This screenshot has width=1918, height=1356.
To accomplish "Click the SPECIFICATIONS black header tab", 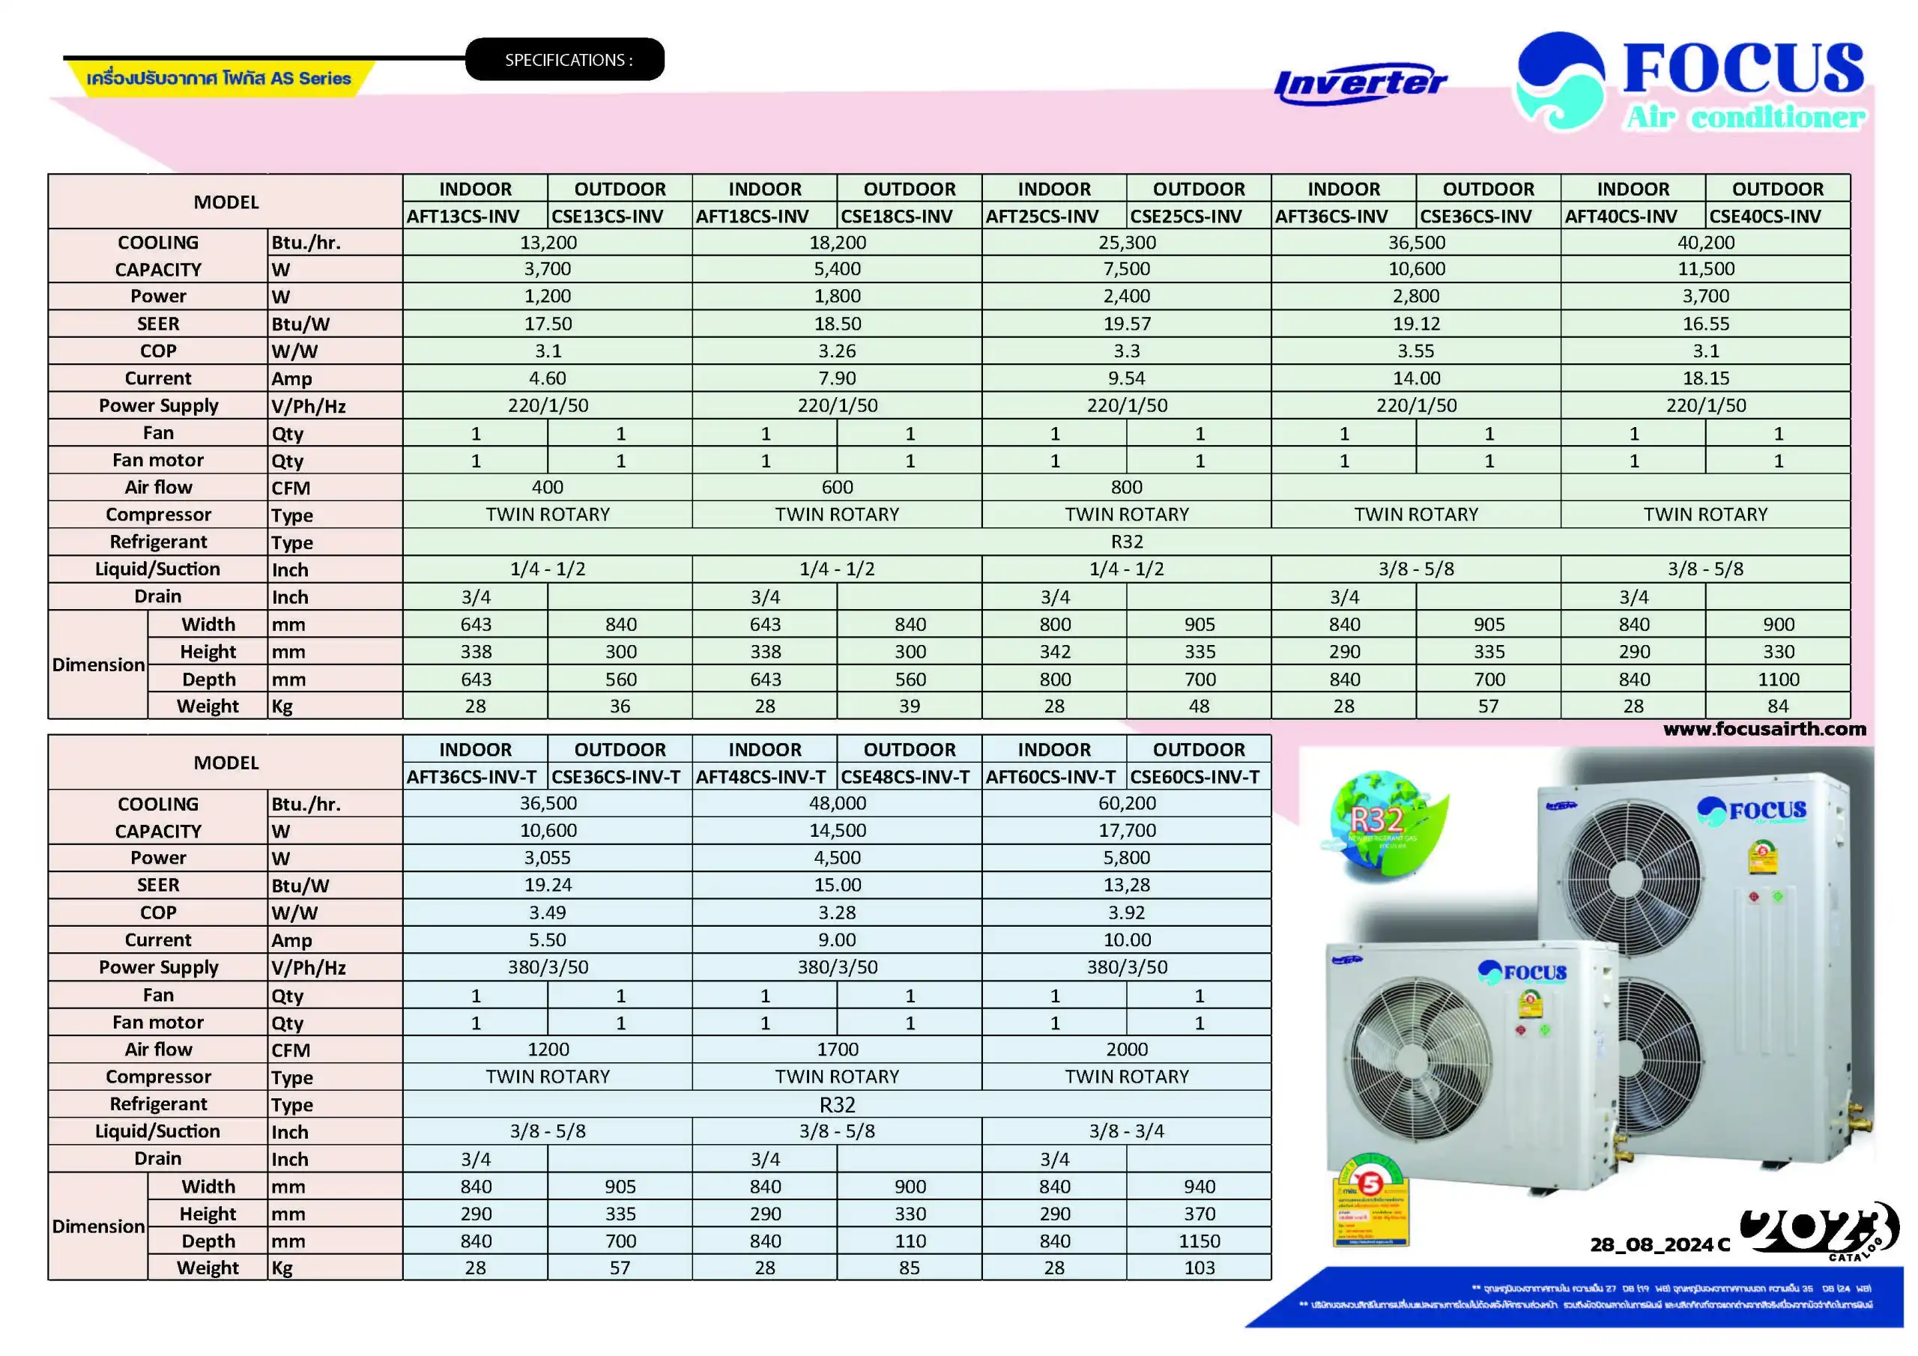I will pyautogui.click(x=565, y=59).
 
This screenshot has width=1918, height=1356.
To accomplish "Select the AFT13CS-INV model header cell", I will pyautogui.click(x=464, y=217).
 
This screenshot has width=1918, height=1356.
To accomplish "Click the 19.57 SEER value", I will pyautogui.click(x=1126, y=324).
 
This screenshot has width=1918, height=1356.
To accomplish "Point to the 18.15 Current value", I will pyautogui.click(x=1705, y=378).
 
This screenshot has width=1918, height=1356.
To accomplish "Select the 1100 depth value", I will pyautogui.click(x=1778, y=679).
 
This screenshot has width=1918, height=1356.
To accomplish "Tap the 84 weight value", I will pyautogui.click(x=1778, y=706).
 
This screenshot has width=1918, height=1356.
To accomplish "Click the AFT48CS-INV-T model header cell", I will pyautogui.click(x=761, y=777).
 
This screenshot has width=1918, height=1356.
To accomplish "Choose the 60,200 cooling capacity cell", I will pyautogui.click(x=1126, y=804).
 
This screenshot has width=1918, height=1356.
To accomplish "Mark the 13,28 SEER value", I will pyautogui.click(x=1126, y=886).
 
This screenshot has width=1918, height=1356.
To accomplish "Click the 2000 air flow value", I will pyautogui.click(x=1126, y=1050).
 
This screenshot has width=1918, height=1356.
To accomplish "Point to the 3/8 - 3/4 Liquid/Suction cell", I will pyautogui.click(x=1126, y=1131).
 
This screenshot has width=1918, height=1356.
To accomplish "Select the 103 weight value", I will pyautogui.click(x=1199, y=1268).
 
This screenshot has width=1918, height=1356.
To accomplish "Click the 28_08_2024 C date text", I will pyautogui.click(x=1659, y=1245).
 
